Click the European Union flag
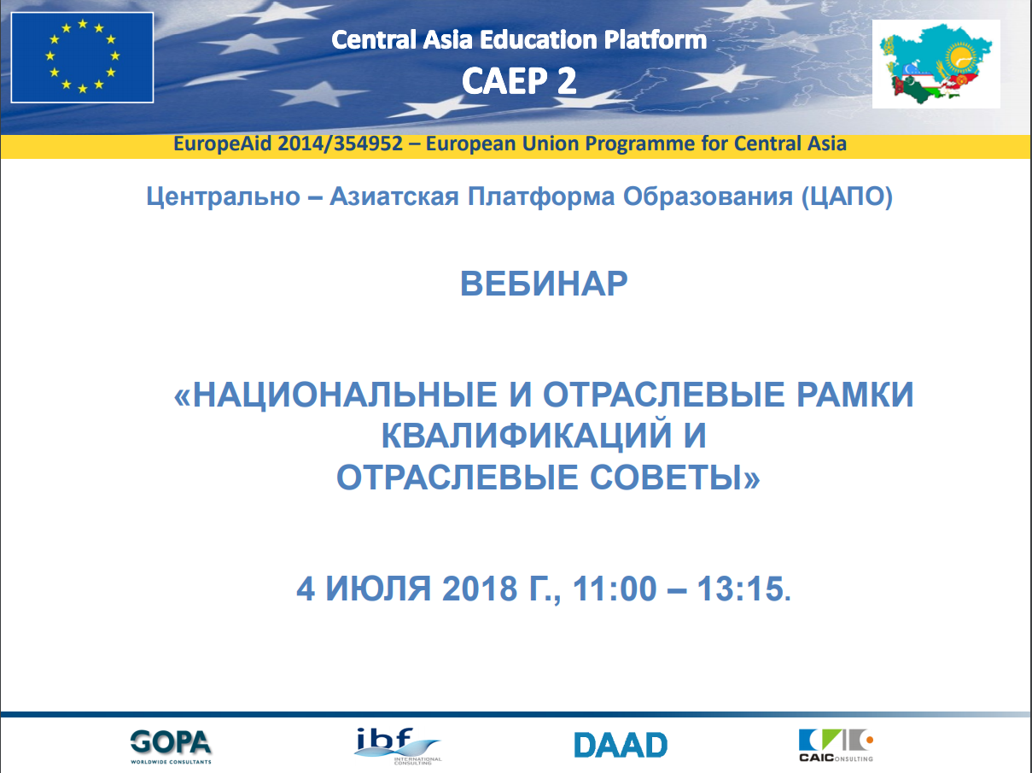pyautogui.click(x=82, y=57)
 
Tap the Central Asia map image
pyautogui.click(x=936, y=64)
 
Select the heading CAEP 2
pyautogui.click(x=519, y=81)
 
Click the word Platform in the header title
pyautogui.click(x=656, y=39)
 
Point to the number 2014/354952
pyautogui.click(x=340, y=143)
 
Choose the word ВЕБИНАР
pyautogui.click(x=544, y=284)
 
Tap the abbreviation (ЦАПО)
pyautogui.click(x=847, y=196)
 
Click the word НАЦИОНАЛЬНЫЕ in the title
pyautogui.click(x=345, y=394)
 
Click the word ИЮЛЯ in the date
pyautogui.click(x=378, y=589)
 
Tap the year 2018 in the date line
pyautogui.click(x=480, y=589)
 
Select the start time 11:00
pyautogui.click(x=615, y=589)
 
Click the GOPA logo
pyautogui.click(x=171, y=747)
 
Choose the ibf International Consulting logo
pyautogui.click(x=398, y=747)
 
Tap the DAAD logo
pyautogui.click(x=621, y=745)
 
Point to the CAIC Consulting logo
pyautogui.click(x=836, y=746)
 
